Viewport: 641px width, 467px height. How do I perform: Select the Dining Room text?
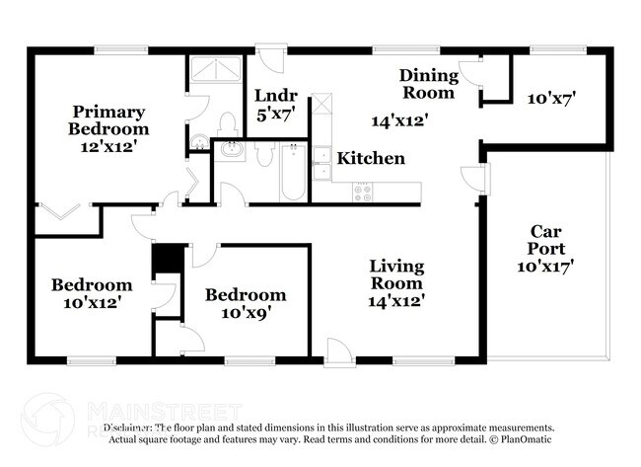(x=428, y=84)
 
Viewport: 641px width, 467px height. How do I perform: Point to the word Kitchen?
(x=371, y=158)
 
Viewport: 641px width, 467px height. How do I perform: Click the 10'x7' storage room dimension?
(x=550, y=98)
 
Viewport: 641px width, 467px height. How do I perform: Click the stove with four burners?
(x=363, y=192)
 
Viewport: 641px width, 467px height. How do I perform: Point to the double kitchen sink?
(x=321, y=162)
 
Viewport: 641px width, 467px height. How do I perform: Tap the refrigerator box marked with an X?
(x=321, y=107)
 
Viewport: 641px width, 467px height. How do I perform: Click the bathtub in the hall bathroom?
(x=292, y=174)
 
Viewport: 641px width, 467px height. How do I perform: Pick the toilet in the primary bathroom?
(x=226, y=123)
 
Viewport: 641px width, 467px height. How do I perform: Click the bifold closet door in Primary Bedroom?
(x=55, y=213)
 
